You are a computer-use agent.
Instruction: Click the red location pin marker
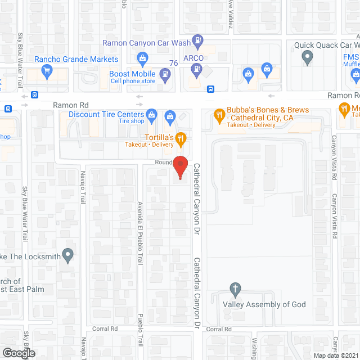click(180, 167)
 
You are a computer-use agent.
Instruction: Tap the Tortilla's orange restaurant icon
click(181, 137)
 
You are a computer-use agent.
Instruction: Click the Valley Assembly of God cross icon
click(236, 290)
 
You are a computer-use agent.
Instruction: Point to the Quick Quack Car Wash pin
click(307, 56)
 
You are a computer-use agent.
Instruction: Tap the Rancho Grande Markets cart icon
click(47, 71)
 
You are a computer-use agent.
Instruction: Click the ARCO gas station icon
click(196, 69)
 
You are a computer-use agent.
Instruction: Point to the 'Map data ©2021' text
click(336, 355)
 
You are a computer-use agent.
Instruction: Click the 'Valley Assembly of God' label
click(264, 304)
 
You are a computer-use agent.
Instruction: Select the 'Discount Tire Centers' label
click(106, 114)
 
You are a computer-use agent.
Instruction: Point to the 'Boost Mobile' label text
click(128, 74)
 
